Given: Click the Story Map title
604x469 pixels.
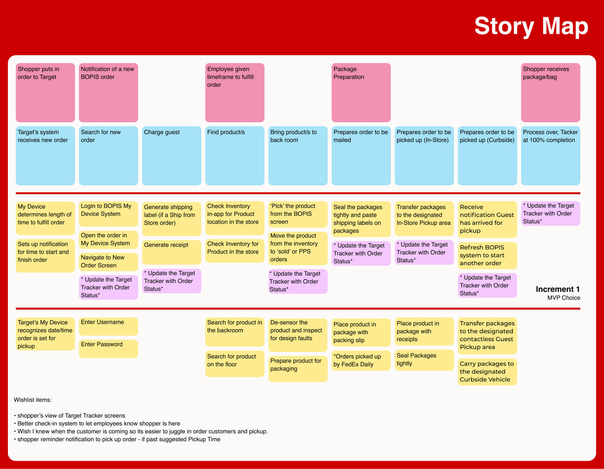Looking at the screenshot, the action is point(531,26).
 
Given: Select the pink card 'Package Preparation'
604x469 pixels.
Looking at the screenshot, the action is point(361,93).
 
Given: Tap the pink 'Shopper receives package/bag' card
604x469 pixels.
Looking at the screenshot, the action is point(550,93).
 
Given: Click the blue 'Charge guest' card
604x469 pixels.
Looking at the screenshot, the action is point(171,156).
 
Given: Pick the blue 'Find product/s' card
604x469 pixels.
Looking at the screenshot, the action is point(235,156).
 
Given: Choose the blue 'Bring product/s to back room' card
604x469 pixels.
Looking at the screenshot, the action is point(298,156).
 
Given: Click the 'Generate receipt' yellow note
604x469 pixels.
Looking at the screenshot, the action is point(171,252).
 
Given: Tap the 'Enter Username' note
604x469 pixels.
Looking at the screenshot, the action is point(108,326).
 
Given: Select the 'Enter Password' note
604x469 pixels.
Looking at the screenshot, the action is point(108,349).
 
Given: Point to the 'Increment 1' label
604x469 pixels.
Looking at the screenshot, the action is point(558,289).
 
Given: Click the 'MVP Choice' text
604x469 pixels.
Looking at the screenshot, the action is point(564,298).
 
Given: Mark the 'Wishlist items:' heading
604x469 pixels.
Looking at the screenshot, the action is point(33,400).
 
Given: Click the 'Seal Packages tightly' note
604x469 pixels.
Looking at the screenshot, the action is point(424,360).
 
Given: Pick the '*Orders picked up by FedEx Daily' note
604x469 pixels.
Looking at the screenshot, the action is point(361,361).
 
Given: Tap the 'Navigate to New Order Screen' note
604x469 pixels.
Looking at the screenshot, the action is point(108,262).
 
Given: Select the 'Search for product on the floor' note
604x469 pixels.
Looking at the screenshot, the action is point(235,364).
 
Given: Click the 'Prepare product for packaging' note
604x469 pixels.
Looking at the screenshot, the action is point(298,369).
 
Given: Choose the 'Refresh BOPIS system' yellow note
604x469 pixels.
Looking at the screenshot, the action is point(487,255).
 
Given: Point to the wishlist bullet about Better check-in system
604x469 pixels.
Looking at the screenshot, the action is point(97,424).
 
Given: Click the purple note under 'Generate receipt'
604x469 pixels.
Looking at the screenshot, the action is point(171,281).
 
